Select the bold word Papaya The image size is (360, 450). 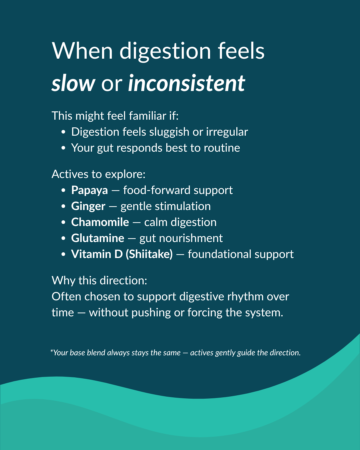click(89, 190)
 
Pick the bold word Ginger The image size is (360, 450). click(88, 206)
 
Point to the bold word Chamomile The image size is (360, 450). click(100, 222)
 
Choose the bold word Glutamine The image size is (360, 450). click(98, 238)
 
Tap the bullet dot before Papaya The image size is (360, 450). click(64, 191)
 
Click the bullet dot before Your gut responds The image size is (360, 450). click(64, 148)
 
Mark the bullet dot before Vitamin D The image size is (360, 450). click(64, 255)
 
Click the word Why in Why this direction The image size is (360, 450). click(63, 281)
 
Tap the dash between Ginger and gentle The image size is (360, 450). click(113, 207)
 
